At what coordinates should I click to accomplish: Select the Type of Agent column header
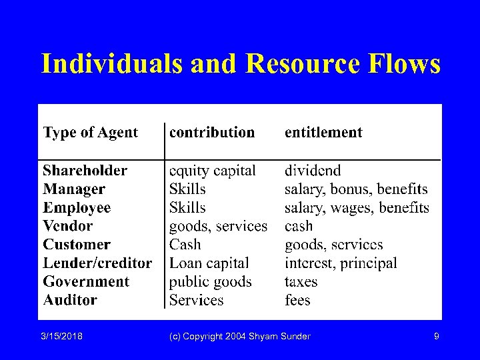[x=90, y=132]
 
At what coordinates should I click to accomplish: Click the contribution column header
[x=212, y=132]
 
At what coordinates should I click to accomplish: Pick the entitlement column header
[x=323, y=132]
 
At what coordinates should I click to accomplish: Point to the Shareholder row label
[x=85, y=171]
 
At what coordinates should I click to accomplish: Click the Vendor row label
[x=67, y=226]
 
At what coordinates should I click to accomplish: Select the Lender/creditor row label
[x=97, y=263]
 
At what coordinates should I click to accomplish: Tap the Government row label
[x=86, y=281]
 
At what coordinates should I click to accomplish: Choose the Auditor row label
[x=70, y=300]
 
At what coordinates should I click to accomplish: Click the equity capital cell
[x=212, y=171]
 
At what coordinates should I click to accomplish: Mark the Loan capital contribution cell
[x=209, y=263]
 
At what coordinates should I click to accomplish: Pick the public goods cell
[x=210, y=282]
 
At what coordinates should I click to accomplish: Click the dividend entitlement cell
[x=313, y=171]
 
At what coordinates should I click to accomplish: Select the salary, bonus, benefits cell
[x=356, y=189]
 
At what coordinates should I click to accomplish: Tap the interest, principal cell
[x=341, y=263]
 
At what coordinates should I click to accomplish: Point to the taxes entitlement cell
[x=301, y=281]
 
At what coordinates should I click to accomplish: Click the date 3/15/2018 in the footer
[x=61, y=337]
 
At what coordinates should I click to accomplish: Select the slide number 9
[x=436, y=337]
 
